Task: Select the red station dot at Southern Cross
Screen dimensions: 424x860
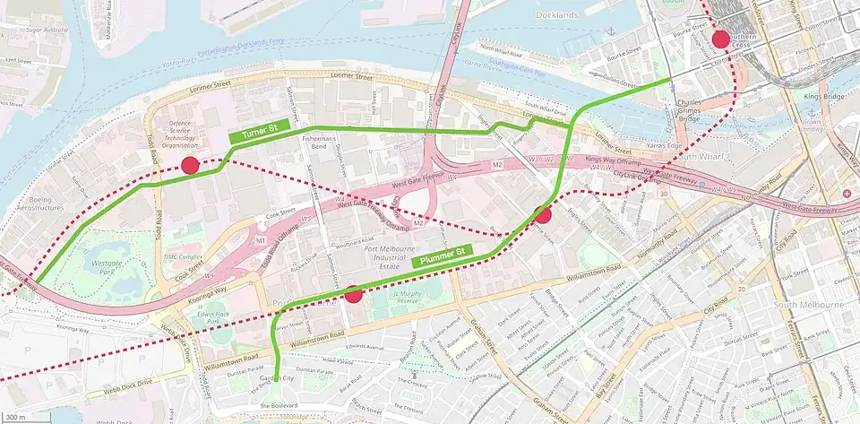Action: coord(720,39)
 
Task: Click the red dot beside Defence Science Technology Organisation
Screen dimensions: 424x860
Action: coord(190,165)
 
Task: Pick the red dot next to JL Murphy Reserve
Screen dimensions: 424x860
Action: coord(353,294)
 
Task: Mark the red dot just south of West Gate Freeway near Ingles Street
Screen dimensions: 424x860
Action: coord(542,215)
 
